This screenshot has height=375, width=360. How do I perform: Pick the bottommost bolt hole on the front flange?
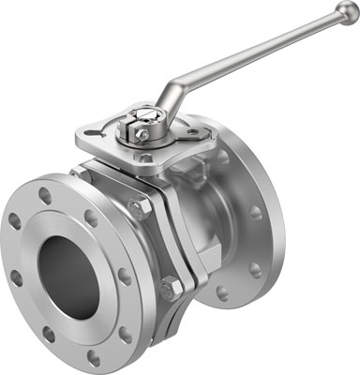[x=93, y=357]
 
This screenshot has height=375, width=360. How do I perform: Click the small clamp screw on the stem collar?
[x=142, y=134]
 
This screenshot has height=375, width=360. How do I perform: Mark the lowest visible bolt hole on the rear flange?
[x=222, y=293]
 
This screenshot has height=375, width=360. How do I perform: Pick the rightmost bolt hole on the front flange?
[x=125, y=277]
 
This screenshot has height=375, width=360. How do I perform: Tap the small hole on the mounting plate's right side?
[x=193, y=132]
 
